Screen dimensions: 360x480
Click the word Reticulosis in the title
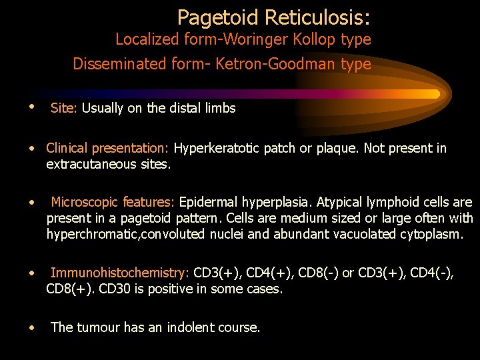[321, 17]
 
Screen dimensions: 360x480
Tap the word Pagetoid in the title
[217, 17]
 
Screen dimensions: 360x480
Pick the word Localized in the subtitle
[143, 39]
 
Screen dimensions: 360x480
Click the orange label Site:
[64, 108]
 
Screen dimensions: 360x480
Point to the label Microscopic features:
[113, 202]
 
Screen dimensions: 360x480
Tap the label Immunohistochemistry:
[120, 273]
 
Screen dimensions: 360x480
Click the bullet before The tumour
[32, 327]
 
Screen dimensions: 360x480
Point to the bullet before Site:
[32, 107]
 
